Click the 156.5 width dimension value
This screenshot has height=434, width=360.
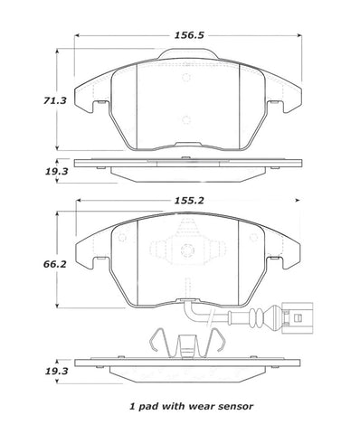189,35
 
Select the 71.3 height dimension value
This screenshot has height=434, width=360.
55,100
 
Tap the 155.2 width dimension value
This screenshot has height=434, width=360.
189,200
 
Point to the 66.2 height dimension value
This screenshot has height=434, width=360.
55,264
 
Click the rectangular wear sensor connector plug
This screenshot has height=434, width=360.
298,317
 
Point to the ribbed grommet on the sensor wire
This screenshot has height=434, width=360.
257,317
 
